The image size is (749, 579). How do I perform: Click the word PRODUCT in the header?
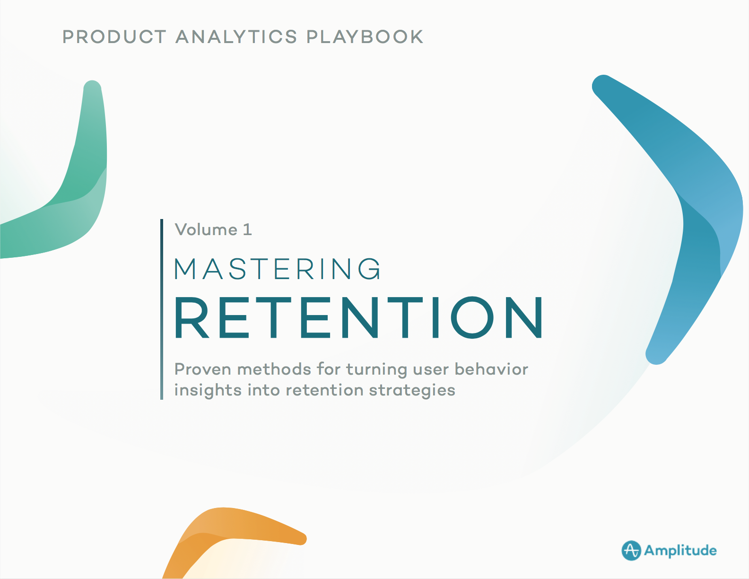(114, 37)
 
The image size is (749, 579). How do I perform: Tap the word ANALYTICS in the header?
(236, 37)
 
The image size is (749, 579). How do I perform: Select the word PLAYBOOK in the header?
(365, 37)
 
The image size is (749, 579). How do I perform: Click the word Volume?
(206, 230)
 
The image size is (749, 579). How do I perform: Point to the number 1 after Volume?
(247, 230)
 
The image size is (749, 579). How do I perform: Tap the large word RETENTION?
(359, 318)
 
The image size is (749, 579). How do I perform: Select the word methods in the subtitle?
(274, 369)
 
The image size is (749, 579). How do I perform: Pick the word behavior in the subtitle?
(491, 369)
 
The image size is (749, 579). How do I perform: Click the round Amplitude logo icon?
(631, 550)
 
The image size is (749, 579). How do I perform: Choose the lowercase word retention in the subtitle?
(324, 391)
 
